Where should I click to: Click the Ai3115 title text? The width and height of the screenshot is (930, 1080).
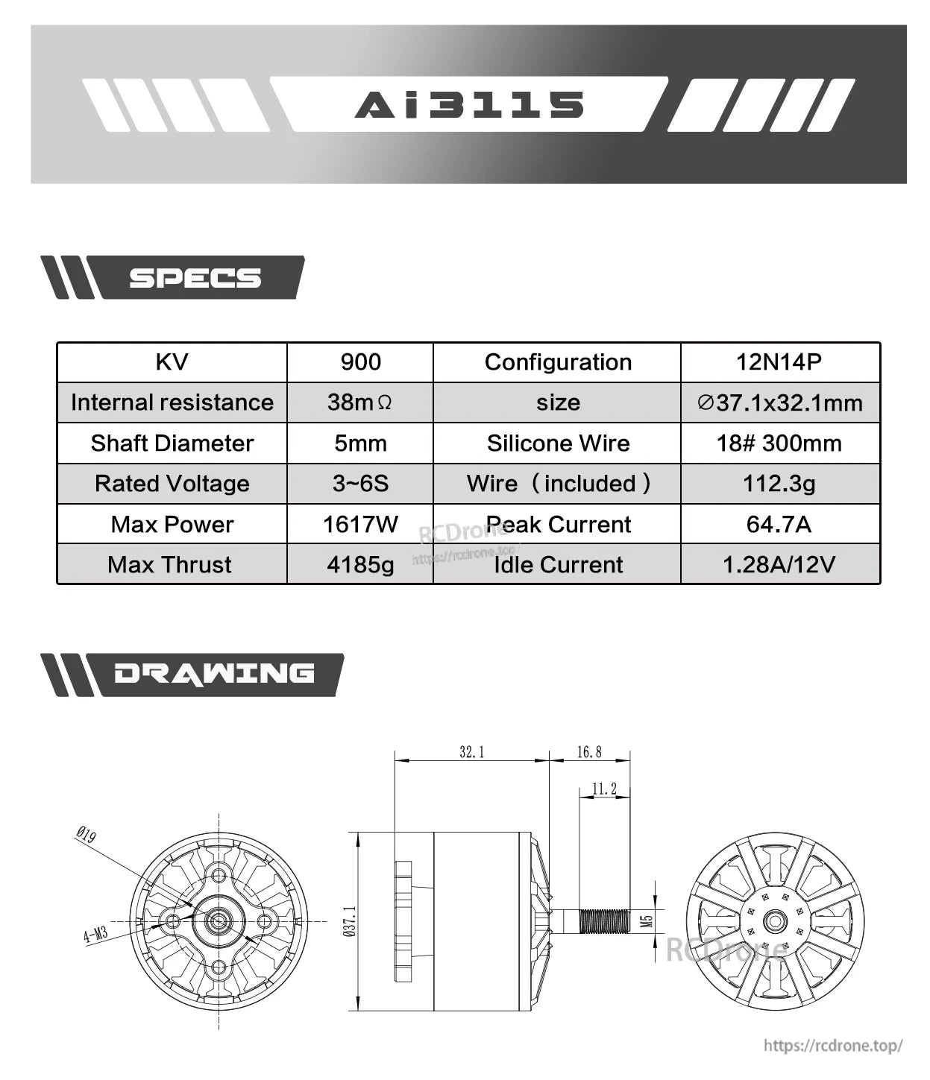tap(469, 105)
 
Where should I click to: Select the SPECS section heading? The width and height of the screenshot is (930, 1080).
tap(195, 278)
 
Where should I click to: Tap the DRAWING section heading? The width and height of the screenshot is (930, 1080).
tap(214, 674)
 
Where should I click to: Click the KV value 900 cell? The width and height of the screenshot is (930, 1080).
tap(360, 362)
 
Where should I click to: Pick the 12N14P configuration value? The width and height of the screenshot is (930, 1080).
tap(779, 362)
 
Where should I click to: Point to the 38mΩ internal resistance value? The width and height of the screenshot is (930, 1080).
tap(359, 402)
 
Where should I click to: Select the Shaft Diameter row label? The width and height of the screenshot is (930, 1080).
tap(172, 443)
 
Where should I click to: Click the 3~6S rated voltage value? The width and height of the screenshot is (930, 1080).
tap(360, 484)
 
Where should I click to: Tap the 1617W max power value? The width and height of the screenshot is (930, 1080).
tap(360, 524)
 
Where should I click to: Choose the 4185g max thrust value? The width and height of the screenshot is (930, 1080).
tap(360, 564)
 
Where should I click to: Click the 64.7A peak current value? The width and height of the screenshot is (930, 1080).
tap(779, 524)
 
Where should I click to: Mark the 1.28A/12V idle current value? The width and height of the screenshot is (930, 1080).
tap(779, 564)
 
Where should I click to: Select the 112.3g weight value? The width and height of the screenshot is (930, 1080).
tap(779, 484)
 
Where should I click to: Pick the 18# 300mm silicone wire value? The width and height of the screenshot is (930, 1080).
tap(779, 443)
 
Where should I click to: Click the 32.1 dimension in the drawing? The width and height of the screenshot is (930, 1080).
tap(471, 752)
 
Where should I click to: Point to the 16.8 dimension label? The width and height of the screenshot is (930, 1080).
tap(589, 752)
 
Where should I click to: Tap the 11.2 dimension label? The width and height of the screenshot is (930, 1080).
tap(604, 789)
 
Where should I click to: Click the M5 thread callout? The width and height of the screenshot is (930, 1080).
tap(647, 921)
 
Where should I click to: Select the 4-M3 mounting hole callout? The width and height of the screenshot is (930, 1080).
tap(95, 934)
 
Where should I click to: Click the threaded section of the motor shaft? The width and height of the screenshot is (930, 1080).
tap(604, 921)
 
